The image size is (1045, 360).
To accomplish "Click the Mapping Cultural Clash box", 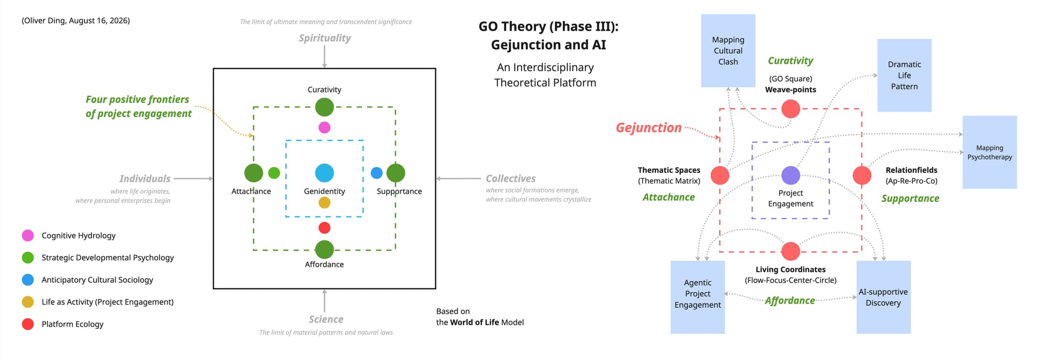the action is click(x=728, y=51).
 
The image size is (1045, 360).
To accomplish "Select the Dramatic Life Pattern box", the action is click(x=904, y=75).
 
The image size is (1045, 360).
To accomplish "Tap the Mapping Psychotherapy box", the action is click(x=990, y=152).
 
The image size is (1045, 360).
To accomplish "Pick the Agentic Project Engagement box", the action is click(x=698, y=297).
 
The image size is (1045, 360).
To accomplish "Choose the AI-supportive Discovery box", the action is click(x=884, y=297).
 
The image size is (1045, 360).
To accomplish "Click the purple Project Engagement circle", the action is click(x=791, y=176).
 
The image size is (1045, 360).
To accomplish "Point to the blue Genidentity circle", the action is click(x=324, y=173).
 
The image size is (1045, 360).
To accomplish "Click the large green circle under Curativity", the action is click(x=324, y=107).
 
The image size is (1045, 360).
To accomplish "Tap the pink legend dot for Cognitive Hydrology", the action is click(x=28, y=236).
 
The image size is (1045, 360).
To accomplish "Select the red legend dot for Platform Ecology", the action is click(x=28, y=324).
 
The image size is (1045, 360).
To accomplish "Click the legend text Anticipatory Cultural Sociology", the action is click(x=97, y=280).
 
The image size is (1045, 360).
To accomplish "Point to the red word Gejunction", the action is click(x=648, y=127).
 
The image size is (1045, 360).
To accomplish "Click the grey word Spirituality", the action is click(x=324, y=38).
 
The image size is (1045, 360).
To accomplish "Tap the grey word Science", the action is click(x=326, y=319).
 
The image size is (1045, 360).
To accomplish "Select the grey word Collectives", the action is click(x=510, y=179).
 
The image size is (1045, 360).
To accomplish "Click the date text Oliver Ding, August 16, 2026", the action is click(x=76, y=20).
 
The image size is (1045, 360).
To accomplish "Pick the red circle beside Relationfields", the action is click(x=862, y=176).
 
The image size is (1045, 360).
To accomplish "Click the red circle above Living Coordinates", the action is click(x=791, y=251).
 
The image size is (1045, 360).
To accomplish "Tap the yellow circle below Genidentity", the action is click(x=324, y=203).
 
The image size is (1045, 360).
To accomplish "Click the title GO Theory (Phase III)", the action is click(x=548, y=27).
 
